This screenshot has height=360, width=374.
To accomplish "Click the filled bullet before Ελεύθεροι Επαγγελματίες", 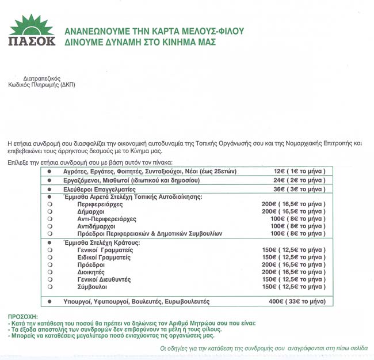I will tap(49, 189).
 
